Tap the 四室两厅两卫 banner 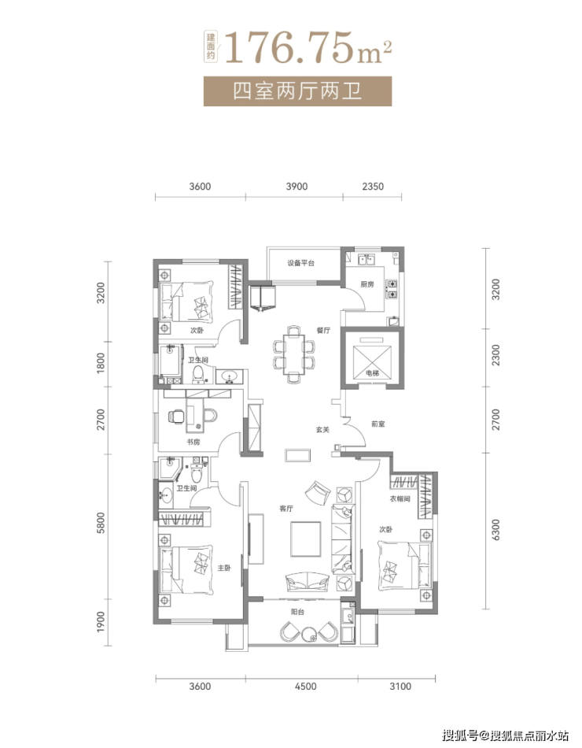coord(297,91)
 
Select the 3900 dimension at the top coord(297,187)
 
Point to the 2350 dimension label coord(373,187)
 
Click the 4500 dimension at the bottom coord(305,687)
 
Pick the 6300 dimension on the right coord(495,530)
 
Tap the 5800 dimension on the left coord(100,523)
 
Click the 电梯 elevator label coord(372,373)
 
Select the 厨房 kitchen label coord(367,284)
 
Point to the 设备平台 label coord(300,263)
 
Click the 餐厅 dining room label coord(323,330)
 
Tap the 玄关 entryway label coord(322,430)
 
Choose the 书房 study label coord(193,443)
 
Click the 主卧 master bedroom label coord(224,568)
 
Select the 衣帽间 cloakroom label coord(400,499)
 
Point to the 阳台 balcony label coord(297,612)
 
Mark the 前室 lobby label coord(378,424)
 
